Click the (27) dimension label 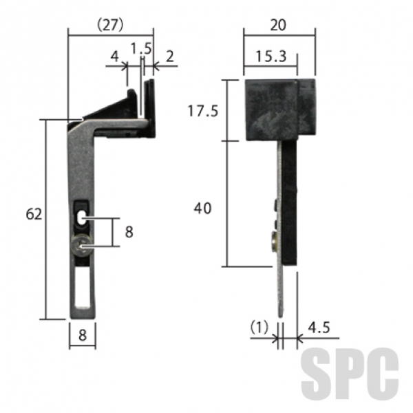pos(110,25)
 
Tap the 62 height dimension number pos(34,214)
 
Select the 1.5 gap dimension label pos(141,49)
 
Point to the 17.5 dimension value pos(203,111)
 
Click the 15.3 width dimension pos(271,56)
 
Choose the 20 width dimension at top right pos(278,25)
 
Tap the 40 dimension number pos(202,209)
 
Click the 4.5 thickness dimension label pos(319,328)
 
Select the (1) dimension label pos(260,327)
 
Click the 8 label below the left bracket pos(83,335)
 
